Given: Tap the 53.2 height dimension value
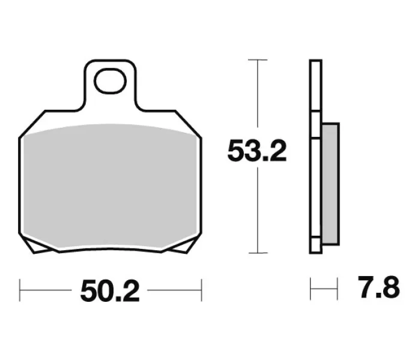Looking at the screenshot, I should tap(257, 152).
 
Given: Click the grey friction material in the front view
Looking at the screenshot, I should tap(110, 186).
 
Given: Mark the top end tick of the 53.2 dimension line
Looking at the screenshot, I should tap(257, 60).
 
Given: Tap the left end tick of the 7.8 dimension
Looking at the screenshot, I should tap(310, 289).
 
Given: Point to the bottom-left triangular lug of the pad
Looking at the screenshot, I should tap(41, 246).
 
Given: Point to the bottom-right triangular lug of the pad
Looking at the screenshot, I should tap(180, 246).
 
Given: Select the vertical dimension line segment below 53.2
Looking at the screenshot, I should tap(257, 210).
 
